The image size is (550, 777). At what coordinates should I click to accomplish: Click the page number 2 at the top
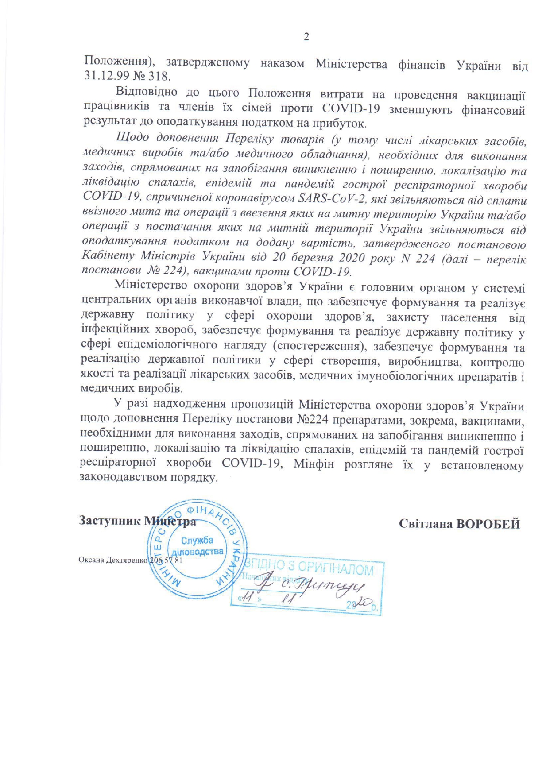point(306,37)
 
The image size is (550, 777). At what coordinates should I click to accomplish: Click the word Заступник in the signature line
point(109,521)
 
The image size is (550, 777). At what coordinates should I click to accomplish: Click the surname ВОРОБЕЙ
point(488,524)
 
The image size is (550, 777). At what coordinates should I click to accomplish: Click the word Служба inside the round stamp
point(197,540)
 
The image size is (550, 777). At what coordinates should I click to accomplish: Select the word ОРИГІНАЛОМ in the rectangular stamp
point(335,568)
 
